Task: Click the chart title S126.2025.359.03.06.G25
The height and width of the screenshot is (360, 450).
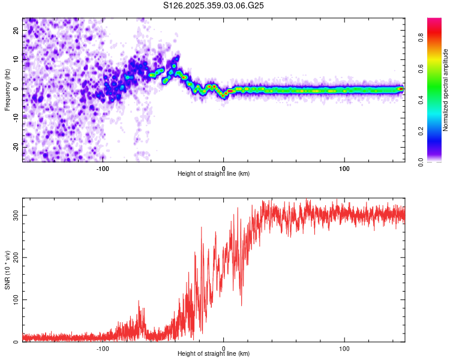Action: (214, 5)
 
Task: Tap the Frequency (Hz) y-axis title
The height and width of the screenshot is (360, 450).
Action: (7, 89)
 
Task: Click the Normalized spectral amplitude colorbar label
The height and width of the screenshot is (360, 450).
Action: (446, 90)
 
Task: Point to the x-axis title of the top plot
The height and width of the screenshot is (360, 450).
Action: (214, 173)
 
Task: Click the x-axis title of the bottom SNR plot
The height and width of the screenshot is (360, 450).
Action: (214, 353)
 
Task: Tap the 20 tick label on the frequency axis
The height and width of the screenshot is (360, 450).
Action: (16, 31)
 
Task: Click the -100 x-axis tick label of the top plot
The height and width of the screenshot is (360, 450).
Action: (103, 167)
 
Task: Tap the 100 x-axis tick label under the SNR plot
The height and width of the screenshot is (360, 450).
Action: (344, 347)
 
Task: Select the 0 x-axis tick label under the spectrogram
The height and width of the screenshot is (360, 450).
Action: (223, 167)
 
